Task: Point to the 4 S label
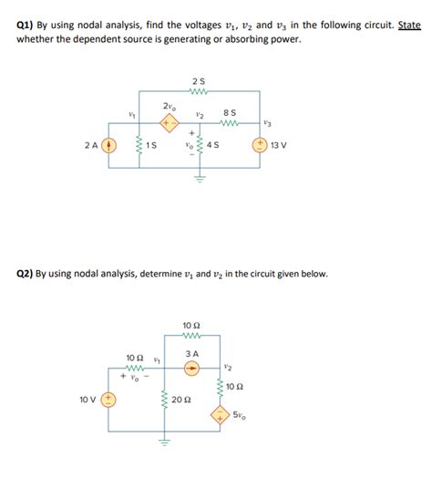coord(213,146)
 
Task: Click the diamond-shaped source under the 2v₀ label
coord(168,123)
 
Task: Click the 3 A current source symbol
coord(191,370)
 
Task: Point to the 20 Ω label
coord(180,400)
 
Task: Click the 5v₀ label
coord(238,416)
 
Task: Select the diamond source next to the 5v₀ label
coord(221,414)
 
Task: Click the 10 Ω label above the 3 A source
coord(190,327)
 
